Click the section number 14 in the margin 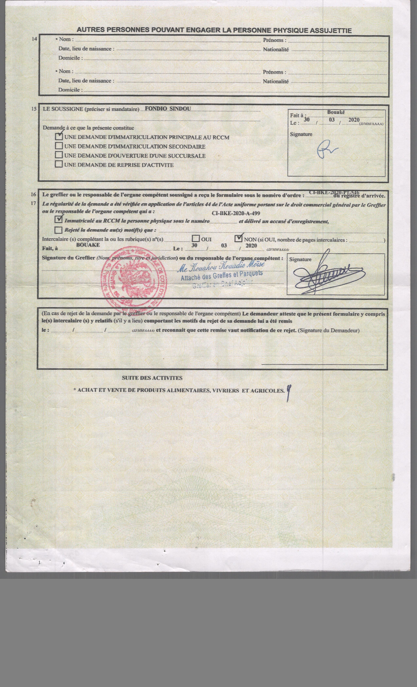click(x=35, y=39)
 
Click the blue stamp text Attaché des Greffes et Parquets click(x=222, y=276)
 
